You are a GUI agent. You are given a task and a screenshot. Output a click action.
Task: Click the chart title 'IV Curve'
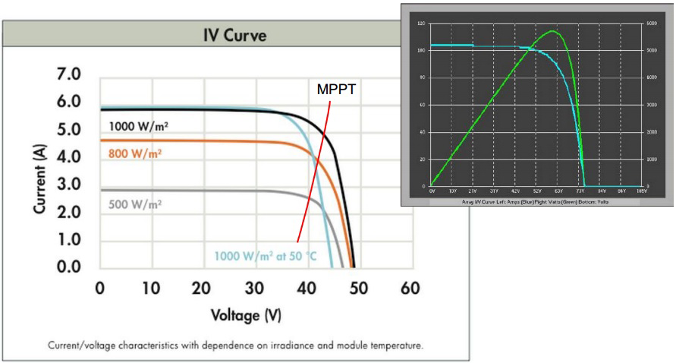234,35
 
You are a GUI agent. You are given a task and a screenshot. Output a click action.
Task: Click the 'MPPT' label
336,89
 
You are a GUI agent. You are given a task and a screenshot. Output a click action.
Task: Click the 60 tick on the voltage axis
410,289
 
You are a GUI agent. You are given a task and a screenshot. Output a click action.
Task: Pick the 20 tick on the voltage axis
203,289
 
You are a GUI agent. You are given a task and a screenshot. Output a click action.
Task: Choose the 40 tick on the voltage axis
307,289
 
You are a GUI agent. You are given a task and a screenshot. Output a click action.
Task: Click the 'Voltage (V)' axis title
246,314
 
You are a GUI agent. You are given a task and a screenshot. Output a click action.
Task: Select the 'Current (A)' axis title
42,171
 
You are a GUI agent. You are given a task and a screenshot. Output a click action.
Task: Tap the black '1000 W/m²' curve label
138,126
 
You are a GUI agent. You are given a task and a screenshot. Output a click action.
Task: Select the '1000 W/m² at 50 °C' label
266,256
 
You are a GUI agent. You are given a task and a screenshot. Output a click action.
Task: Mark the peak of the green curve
552,31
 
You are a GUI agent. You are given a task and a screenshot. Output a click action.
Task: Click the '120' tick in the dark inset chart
422,24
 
